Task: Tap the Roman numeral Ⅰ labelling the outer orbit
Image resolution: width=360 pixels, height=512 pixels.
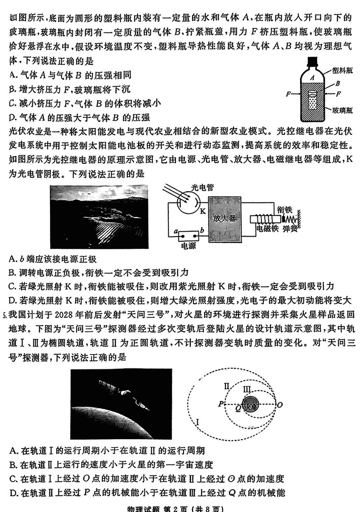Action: (198, 422)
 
